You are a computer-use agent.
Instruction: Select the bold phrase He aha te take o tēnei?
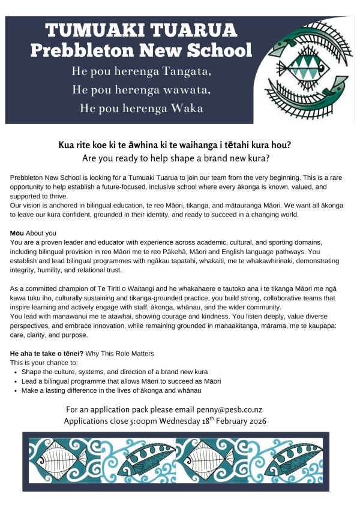pos(47,353)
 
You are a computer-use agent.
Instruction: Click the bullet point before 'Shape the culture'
pos(14,372)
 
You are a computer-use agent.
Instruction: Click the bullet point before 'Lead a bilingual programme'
pos(14,381)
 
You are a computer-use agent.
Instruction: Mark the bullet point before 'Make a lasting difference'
pos(14,391)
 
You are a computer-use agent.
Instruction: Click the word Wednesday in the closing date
pos(187,421)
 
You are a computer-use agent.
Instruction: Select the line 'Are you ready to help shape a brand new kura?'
pos(179,158)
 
